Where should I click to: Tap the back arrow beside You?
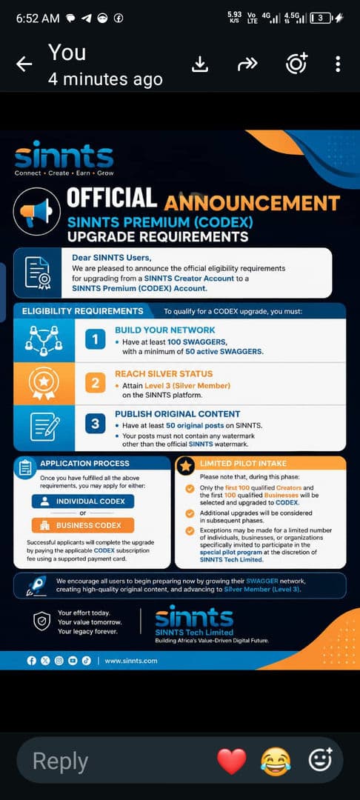click(x=24, y=64)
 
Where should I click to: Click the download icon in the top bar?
click(x=200, y=64)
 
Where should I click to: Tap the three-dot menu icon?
click(x=338, y=64)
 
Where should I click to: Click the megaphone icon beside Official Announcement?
click(x=36, y=210)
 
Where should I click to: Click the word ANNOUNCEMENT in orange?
click(x=252, y=203)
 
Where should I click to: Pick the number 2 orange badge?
click(x=96, y=383)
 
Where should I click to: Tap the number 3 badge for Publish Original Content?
click(x=96, y=424)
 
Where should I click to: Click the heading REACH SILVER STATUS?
click(x=164, y=374)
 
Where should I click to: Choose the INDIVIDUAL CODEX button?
click(x=83, y=501)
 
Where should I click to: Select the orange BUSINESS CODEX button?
click(x=83, y=525)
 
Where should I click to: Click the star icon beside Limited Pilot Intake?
click(x=186, y=465)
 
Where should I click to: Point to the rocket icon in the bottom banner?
click(x=37, y=586)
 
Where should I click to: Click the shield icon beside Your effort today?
click(x=41, y=621)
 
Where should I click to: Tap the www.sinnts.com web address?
click(x=131, y=661)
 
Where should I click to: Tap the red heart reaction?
click(x=232, y=761)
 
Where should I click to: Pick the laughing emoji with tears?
click(x=276, y=761)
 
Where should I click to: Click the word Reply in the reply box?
click(x=60, y=762)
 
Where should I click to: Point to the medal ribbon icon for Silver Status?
click(x=44, y=384)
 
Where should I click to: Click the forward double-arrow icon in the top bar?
click(x=248, y=64)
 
